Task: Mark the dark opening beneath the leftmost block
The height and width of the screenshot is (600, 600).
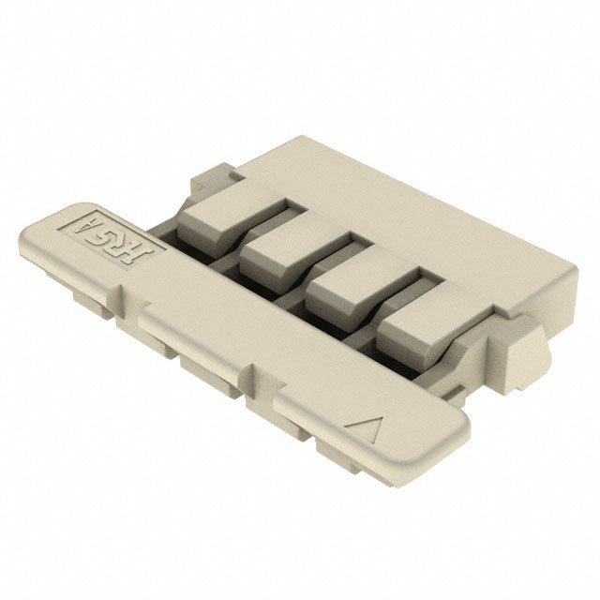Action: [187, 249]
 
